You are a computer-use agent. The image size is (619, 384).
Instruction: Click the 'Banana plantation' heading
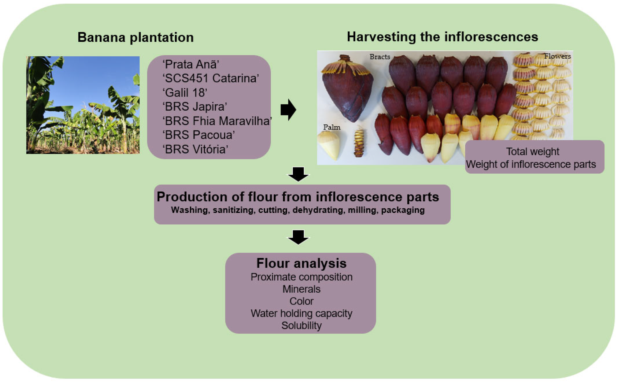pos(136,37)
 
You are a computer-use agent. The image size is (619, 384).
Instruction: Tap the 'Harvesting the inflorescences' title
pos(442,37)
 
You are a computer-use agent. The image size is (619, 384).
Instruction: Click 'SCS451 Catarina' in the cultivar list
pos(211,78)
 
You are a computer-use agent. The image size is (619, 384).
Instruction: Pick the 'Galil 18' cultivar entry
pos(185,92)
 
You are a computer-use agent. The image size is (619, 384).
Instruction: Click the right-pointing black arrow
pos(288,110)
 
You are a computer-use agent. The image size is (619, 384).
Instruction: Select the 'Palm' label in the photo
pos(332,127)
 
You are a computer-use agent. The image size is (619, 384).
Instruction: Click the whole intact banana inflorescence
pos(347,89)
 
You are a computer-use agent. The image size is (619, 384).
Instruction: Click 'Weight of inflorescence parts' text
pos(531,164)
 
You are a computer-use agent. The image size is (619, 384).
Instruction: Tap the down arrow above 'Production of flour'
pos(298,174)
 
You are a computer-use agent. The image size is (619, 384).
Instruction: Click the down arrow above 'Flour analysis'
pos(298,237)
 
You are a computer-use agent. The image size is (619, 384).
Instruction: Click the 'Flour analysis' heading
pos(301,263)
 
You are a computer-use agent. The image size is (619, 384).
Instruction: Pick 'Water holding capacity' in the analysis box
pos(301,313)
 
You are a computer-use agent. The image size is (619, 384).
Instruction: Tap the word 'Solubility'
pos(301,326)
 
